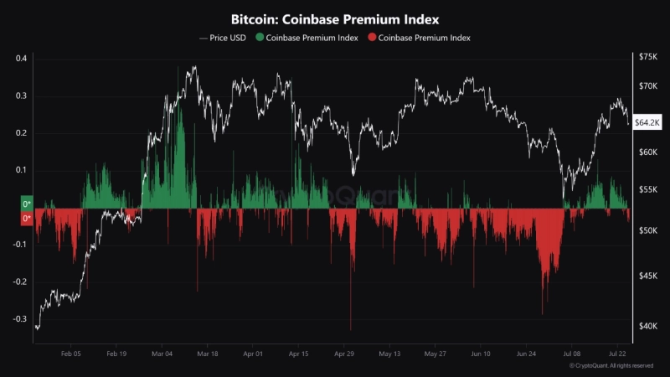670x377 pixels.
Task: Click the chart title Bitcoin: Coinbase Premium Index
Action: pos(334,18)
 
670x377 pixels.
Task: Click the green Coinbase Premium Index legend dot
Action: pos(260,39)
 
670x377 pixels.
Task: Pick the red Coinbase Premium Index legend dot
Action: pos(372,39)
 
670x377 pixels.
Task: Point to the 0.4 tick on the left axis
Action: pos(21,59)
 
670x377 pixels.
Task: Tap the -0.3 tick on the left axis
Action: pos(19,319)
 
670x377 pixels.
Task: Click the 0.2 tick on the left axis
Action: pos(21,133)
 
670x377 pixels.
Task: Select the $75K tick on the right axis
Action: pos(648,57)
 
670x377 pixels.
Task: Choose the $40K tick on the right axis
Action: pos(648,327)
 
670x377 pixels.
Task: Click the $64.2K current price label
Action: pos(648,122)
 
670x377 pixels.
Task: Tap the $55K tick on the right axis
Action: pos(648,191)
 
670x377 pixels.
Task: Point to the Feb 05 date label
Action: pos(71,355)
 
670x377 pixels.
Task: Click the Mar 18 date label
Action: pos(207,355)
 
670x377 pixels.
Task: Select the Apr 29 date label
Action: pos(344,355)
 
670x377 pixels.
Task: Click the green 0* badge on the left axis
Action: pos(26,204)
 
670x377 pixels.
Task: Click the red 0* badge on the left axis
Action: pos(26,219)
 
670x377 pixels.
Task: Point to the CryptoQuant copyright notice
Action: pos(611,366)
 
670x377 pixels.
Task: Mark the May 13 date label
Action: pos(390,355)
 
